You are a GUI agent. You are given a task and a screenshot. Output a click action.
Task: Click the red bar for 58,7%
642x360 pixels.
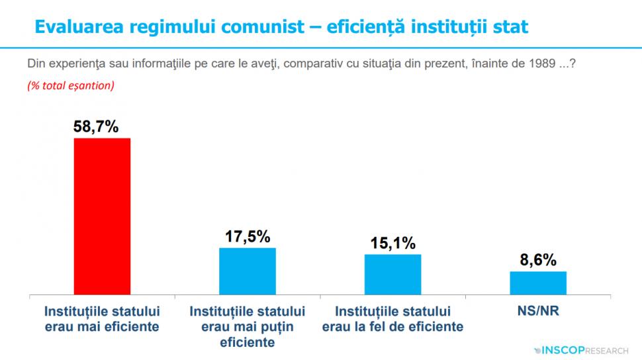point(102,216)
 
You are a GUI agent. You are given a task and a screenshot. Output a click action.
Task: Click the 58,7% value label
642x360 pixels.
point(96,126)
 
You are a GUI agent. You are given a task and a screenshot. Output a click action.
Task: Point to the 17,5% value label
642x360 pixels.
point(248,236)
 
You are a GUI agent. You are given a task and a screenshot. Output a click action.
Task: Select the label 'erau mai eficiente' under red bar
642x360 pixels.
point(102,326)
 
